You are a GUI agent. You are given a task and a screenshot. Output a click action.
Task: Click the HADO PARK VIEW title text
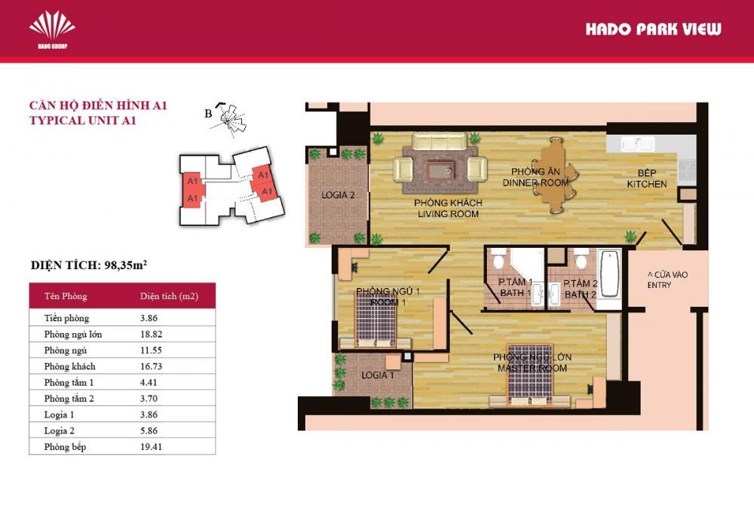[x=653, y=29]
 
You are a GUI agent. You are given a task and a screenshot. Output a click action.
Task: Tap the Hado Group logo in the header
[x=52, y=29]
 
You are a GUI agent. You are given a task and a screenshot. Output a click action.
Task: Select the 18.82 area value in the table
[x=152, y=334]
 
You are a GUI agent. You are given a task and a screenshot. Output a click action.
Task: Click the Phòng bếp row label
[x=65, y=447]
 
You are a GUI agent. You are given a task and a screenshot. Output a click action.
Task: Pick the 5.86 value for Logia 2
[x=152, y=431]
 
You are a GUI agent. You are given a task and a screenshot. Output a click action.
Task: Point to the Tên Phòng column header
[x=66, y=296]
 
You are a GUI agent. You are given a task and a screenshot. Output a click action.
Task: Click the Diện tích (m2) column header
[x=169, y=296]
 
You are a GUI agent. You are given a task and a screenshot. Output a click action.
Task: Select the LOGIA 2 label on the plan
[x=338, y=195]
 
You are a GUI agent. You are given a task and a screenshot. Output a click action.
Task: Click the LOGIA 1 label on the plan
[x=378, y=375]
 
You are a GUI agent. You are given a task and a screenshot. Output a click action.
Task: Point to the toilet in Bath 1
[x=498, y=263]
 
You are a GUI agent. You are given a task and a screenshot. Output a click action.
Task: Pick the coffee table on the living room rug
[x=440, y=170]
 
